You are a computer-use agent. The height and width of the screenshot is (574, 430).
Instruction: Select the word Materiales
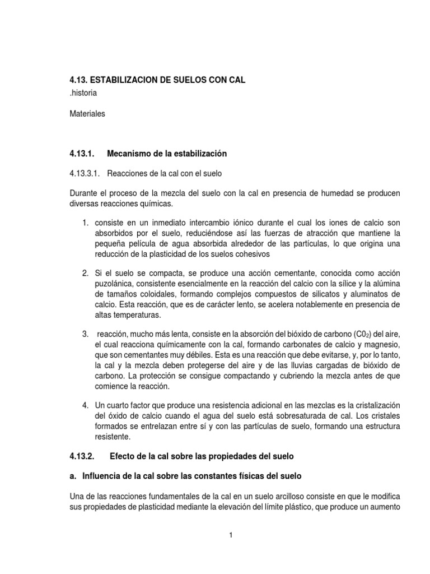(87, 114)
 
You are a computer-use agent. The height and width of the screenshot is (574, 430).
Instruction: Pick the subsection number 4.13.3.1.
(85, 173)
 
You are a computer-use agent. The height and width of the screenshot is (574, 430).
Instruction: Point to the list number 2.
(85, 274)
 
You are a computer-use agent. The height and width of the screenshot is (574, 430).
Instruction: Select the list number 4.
(85, 405)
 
